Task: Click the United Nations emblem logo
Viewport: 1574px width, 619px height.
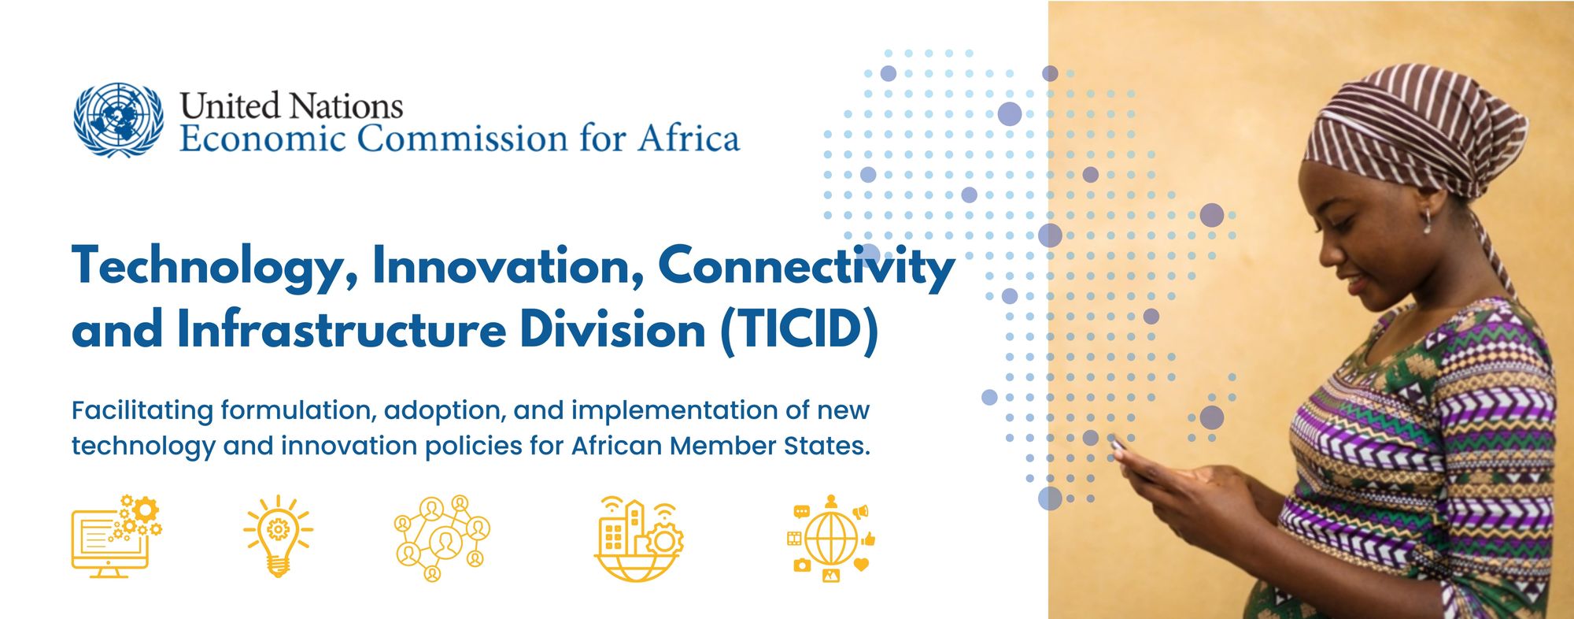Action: click(119, 120)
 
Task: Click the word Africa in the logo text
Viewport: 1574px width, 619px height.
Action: click(689, 138)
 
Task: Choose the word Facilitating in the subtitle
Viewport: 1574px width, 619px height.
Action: click(142, 411)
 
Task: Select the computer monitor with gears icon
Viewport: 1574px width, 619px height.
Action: click(116, 537)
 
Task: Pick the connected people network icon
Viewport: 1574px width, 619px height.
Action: click(442, 539)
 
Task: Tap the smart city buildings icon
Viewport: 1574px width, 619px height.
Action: click(638, 539)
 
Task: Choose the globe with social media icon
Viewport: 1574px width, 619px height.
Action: click(831, 539)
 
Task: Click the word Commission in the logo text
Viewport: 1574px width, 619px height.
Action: click(462, 139)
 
